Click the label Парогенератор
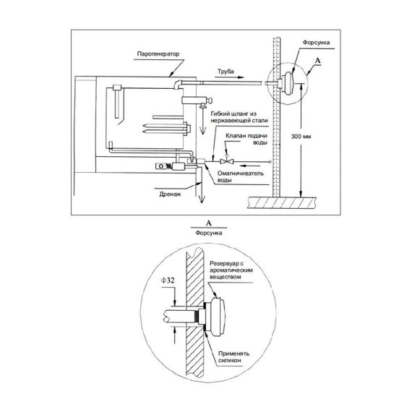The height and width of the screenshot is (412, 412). click(158, 54)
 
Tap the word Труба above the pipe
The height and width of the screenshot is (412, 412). click(226, 72)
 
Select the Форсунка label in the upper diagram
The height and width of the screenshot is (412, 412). click(316, 43)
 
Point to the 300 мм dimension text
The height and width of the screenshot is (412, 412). click(301, 137)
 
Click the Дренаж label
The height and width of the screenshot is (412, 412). click(170, 194)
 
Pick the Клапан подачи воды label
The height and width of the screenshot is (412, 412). click(246, 139)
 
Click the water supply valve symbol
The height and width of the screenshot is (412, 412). click(226, 160)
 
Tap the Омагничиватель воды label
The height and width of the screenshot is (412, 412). click(241, 177)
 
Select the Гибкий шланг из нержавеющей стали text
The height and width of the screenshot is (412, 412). click(239, 117)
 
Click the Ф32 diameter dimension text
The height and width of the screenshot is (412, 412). click(168, 280)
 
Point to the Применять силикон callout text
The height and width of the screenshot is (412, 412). click(233, 357)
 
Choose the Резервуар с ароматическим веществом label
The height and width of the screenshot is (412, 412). click(231, 270)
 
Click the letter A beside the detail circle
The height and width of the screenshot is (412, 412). click(318, 61)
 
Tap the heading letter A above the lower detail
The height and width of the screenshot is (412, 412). click(209, 223)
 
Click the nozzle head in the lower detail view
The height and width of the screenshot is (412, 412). click(215, 317)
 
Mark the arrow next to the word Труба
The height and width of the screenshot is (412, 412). click(229, 77)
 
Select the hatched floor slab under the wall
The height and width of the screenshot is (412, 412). click(282, 202)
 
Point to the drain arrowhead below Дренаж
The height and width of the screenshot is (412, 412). click(202, 199)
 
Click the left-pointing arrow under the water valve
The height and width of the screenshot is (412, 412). click(249, 166)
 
